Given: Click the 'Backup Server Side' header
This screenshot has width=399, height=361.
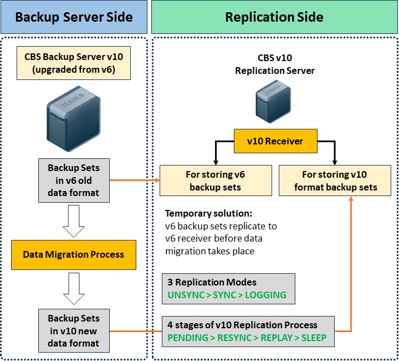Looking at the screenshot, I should (x=74, y=17).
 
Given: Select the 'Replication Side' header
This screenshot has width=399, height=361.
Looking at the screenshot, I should (x=274, y=17).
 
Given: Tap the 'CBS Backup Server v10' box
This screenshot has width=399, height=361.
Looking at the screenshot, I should (x=74, y=63).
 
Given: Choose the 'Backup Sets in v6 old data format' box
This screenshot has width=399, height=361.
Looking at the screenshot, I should (x=74, y=180).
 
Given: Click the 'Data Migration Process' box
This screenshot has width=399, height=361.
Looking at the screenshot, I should (x=74, y=255).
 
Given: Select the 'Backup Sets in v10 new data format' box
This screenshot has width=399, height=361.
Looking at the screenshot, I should (x=74, y=331).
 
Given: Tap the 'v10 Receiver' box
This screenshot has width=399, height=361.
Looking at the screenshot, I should (x=275, y=141).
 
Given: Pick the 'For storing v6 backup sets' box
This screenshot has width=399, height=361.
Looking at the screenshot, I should (x=216, y=180).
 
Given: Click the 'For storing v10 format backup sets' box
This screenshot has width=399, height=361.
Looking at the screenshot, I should (x=335, y=180).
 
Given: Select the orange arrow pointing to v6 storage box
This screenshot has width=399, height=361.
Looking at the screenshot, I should (x=135, y=180).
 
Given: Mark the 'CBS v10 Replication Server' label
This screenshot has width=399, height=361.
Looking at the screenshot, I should (x=275, y=66).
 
